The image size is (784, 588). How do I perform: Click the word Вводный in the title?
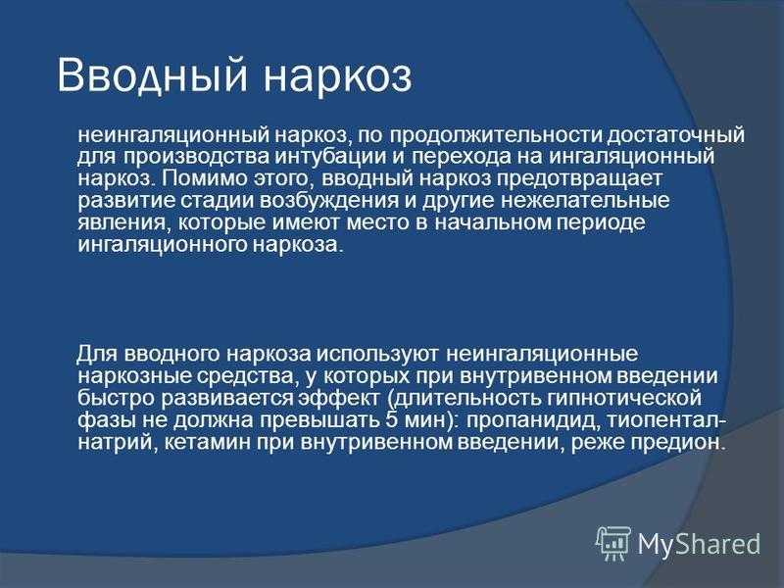pos(153,75)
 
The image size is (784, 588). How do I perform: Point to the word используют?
pos(378,354)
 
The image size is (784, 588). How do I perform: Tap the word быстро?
pos(116,398)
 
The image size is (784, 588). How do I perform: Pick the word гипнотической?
pos(624,399)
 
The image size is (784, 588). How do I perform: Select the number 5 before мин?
pos(391,420)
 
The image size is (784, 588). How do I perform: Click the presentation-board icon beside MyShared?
pos(613,544)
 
